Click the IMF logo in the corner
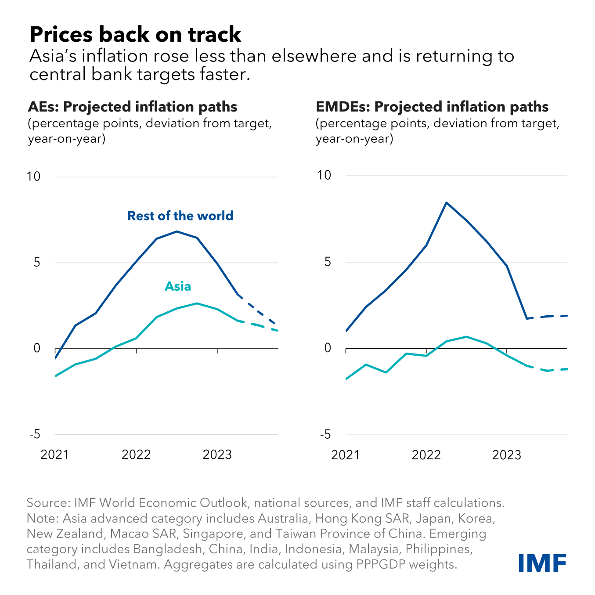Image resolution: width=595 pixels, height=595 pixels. click(542, 563)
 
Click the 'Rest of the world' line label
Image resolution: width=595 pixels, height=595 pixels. click(180, 216)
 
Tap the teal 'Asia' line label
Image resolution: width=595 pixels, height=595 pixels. click(178, 286)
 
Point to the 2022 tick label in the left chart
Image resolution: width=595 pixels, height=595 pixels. click(136, 454)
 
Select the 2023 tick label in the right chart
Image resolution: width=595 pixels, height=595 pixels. click(507, 454)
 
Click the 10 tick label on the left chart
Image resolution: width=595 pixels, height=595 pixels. click(33, 177)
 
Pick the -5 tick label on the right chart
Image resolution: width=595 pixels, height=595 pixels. click(326, 435)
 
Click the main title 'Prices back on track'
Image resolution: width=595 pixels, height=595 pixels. click(135, 34)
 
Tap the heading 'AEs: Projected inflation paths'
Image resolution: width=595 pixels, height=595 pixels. click(133, 107)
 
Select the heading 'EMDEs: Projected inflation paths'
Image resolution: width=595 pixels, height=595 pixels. click(432, 107)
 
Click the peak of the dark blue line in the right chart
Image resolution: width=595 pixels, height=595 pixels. click(446, 202)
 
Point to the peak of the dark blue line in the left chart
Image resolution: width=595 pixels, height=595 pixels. click(177, 231)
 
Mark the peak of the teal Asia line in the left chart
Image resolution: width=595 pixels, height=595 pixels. click(197, 303)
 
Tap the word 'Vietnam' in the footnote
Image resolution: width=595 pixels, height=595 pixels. click(137, 565)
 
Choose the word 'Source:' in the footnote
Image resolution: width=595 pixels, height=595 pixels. click(48, 503)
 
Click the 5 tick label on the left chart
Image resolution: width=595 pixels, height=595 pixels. click(36, 263)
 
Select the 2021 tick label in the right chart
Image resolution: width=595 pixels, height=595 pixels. click(346, 454)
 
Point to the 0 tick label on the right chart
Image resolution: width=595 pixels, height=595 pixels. click(327, 348)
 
